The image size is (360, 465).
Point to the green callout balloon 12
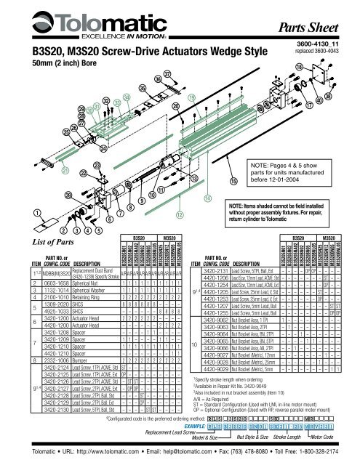point(180,214)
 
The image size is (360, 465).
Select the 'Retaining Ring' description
point(74,297)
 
